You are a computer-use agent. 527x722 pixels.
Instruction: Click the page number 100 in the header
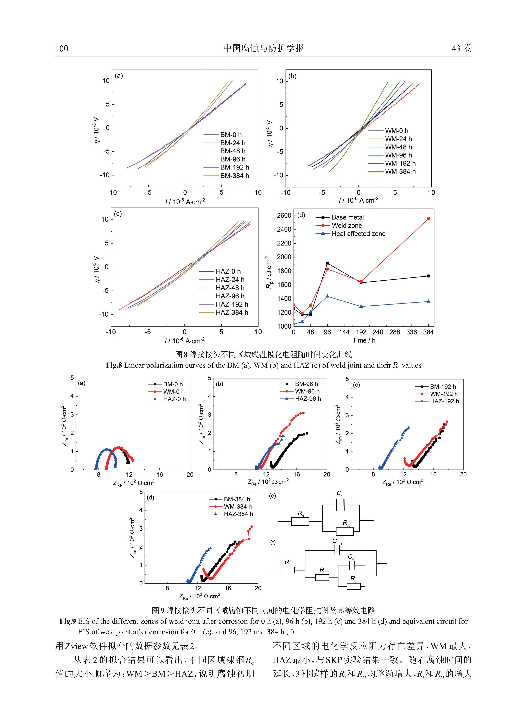62,49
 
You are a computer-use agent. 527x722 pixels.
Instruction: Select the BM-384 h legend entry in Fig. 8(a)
234,176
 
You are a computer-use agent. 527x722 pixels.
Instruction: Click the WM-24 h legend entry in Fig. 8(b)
398,139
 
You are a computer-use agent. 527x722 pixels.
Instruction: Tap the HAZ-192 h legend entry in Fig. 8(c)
232,305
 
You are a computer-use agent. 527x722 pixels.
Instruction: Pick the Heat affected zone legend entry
358,234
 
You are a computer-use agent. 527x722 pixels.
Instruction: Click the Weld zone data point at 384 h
428,218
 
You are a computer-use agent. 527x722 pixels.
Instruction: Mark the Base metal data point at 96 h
327,263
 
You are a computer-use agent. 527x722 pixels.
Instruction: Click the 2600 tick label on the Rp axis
284,216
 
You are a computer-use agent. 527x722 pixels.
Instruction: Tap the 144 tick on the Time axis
344,332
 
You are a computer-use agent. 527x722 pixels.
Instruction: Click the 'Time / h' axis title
364,340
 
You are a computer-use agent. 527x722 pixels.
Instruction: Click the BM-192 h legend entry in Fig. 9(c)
443,386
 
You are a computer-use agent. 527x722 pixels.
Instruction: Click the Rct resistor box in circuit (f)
354,586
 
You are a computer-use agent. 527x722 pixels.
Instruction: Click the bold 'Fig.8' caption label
114,365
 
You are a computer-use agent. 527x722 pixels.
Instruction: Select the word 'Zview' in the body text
77,646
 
